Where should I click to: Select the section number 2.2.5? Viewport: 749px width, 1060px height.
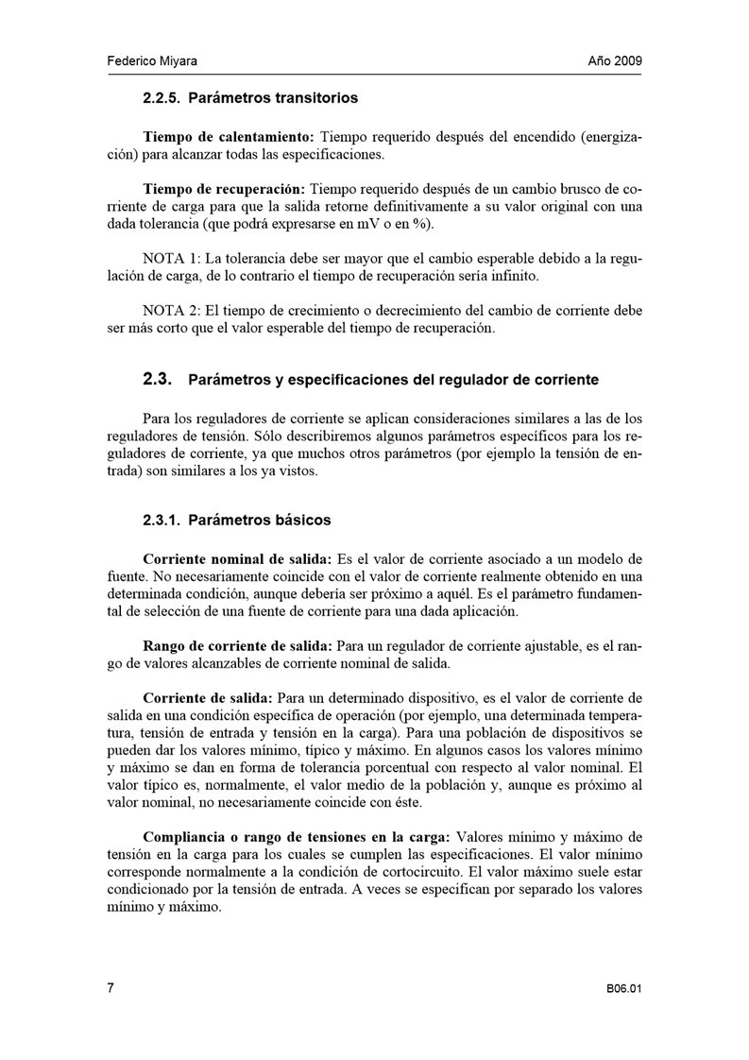[165, 97]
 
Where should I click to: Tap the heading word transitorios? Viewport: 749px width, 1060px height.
[315, 97]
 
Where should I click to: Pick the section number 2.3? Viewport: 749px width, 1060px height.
[155, 380]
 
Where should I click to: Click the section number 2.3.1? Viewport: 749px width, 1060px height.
[165, 520]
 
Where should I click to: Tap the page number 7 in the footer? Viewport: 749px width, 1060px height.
[110, 988]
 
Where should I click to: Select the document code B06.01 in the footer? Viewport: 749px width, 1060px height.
[624, 989]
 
